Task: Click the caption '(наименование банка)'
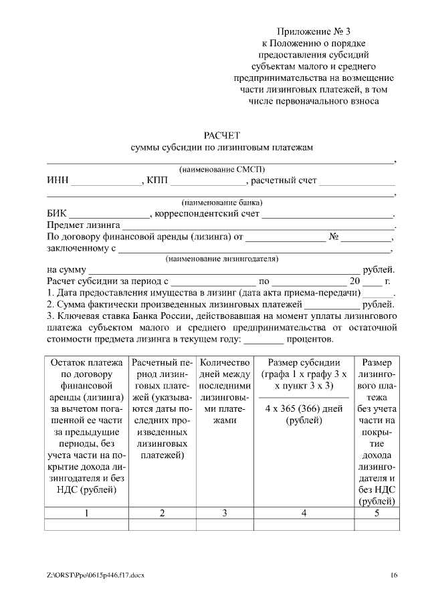(221, 203)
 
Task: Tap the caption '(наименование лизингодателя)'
(222, 258)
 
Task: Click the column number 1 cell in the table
(87, 513)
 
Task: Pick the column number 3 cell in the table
(225, 513)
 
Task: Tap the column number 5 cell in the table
(377, 513)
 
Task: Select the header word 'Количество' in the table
(225, 362)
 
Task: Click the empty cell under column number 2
(162, 525)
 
